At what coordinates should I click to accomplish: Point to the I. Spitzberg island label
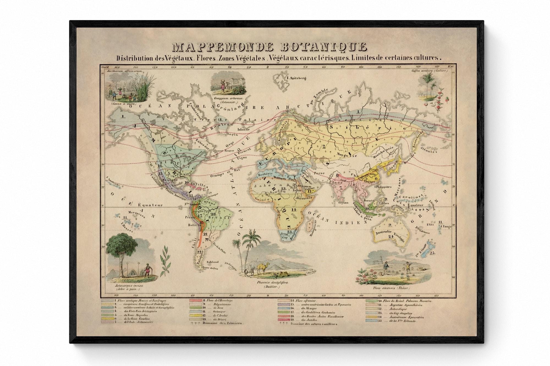(x=296, y=78)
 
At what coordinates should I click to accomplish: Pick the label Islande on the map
(x=244, y=129)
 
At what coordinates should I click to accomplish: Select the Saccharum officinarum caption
(x=123, y=71)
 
